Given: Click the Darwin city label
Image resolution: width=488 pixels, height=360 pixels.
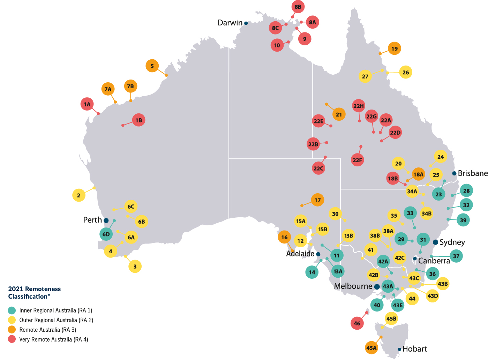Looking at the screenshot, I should tap(230, 23).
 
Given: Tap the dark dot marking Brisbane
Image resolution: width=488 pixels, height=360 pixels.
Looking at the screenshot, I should tap(454, 173).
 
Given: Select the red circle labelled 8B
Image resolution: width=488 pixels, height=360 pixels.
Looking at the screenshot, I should tap(298, 7).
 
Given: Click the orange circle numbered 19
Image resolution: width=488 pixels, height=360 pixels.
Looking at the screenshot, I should tap(395, 48).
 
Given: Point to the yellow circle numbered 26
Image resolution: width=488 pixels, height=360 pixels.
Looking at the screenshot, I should tap(406, 72).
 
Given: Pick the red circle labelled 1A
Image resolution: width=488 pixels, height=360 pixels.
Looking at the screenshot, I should tap(87, 104).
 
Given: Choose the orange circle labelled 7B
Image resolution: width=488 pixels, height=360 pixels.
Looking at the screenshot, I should tap(130, 86).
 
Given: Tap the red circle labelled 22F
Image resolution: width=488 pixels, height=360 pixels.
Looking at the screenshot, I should tap(358, 160).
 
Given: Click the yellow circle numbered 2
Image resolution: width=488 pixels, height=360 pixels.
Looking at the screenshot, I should tap(78, 195).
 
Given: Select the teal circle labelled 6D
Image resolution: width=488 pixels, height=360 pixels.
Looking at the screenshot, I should tap(106, 234).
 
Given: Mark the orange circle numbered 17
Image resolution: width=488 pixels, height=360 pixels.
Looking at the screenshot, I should tap(317, 200).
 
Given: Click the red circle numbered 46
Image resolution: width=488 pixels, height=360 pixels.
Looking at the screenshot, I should tap(357, 323).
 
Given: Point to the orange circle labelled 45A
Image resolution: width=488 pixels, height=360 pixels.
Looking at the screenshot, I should tap(371, 348).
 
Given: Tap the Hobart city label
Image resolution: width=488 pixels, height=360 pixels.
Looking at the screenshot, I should tap(414, 349).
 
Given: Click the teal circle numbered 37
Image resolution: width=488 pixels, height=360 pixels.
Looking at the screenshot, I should tap(456, 256).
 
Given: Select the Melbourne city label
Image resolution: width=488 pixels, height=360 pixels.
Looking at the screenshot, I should tap(353, 286).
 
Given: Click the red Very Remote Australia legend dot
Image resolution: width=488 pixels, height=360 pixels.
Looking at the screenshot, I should tap(12, 339).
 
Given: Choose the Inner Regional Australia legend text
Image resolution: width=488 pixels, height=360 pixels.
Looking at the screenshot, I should tap(56, 310).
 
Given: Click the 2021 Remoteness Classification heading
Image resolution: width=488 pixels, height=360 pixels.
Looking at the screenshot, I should tap(34, 293).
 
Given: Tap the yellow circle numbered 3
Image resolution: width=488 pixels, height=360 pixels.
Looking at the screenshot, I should tap(135, 267).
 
